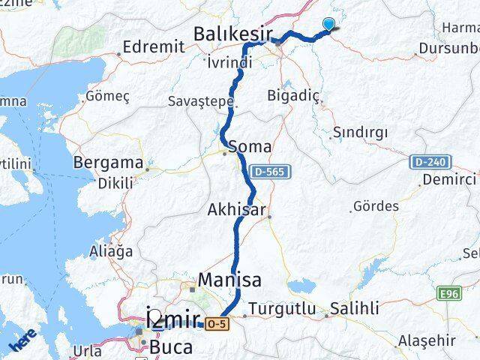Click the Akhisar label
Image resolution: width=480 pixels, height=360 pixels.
tap(236, 211)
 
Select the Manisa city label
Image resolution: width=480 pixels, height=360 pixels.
tap(229, 280)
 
